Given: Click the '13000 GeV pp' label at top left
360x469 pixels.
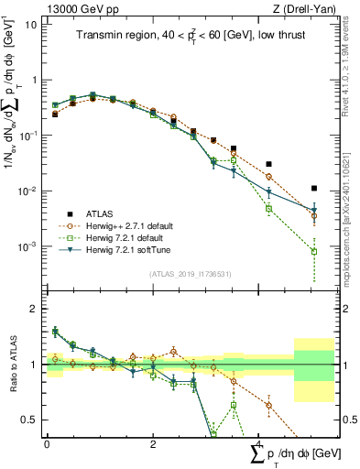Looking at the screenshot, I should (72, 8).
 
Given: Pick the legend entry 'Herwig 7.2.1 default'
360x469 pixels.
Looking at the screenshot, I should (125, 237).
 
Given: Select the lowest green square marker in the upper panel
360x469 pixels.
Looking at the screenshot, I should (314, 251).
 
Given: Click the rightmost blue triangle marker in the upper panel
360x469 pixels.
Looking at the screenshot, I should (314, 210).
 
